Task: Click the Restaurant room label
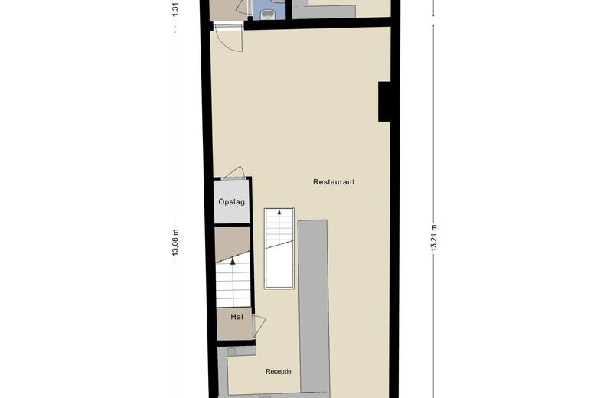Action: (x=334, y=182)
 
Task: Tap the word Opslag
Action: (x=231, y=202)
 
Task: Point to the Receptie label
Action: (x=279, y=372)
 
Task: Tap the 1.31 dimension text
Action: (x=175, y=8)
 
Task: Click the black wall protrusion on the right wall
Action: (x=385, y=101)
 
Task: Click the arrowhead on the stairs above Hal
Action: (x=233, y=262)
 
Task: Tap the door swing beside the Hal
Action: (x=259, y=325)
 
